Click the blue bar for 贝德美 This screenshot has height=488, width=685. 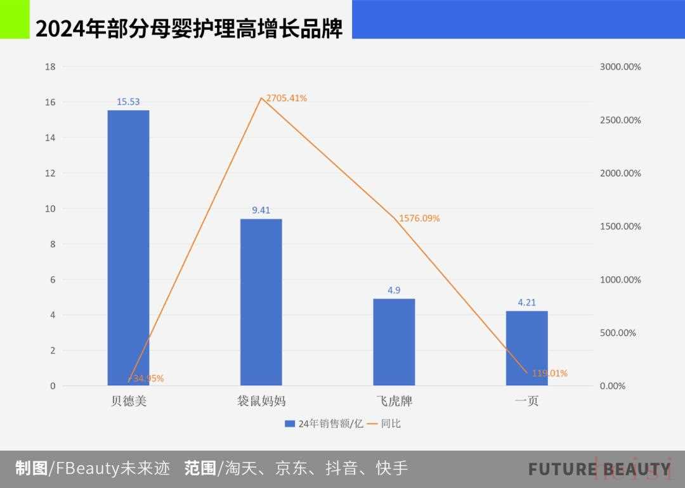click(128, 247)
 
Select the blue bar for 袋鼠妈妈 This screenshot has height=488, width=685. click(261, 302)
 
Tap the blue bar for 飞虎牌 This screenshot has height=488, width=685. click(394, 342)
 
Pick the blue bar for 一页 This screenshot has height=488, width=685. click(526, 348)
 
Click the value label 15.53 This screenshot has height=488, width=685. click(128, 101)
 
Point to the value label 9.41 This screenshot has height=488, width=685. click(261, 210)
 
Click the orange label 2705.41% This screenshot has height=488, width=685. click(287, 98)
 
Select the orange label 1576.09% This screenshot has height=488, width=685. click(419, 219)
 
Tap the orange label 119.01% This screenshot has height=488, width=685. click(549, 373)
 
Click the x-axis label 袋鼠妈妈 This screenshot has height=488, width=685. click(261, 401)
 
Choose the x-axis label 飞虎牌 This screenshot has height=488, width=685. click(394, 401)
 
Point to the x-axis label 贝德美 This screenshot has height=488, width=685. click(128, 401)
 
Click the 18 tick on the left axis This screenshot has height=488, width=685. click(50, 67)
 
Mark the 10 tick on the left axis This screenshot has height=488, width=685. click(50, 209)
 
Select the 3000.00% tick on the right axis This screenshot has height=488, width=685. click(620, 67)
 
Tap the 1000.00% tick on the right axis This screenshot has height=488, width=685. click(620, 279)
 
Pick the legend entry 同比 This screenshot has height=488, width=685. click(391, 423)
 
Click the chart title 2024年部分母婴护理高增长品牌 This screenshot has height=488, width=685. click(189, 29)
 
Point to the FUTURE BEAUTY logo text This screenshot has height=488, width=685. click(599, 470)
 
